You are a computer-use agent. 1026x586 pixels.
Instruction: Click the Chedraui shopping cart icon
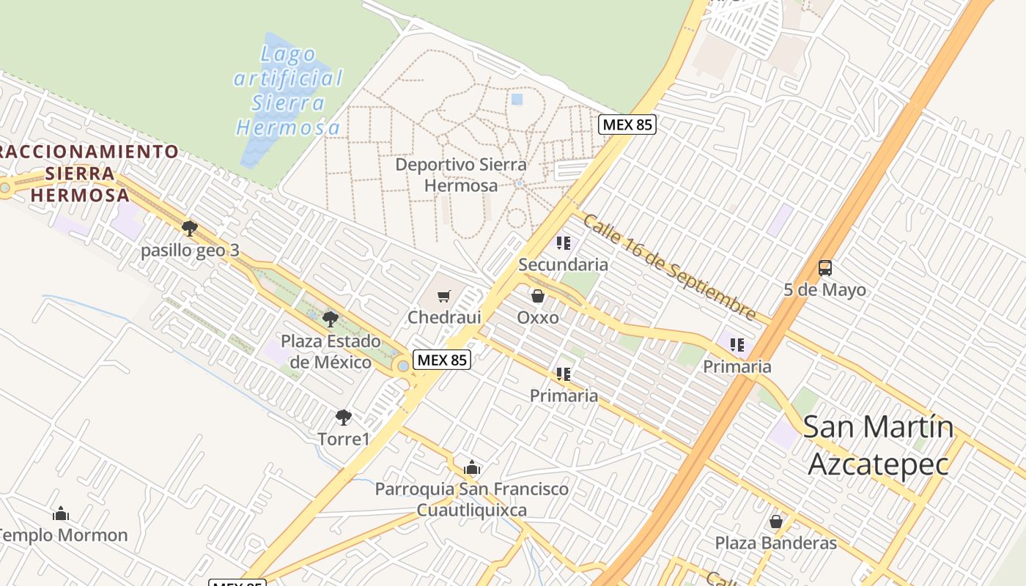click(x=443, y=296)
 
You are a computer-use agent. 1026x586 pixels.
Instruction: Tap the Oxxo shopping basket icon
click(x=538, y=296)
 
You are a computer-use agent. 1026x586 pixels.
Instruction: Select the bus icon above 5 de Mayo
click(x=825, y=268)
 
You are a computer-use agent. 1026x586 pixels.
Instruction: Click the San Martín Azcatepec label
click(x=878, y=445)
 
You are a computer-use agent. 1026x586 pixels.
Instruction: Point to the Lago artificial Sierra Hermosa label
click(x=288, y=92)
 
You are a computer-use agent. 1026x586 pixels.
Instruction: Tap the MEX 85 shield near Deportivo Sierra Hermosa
click(x=627, y=125)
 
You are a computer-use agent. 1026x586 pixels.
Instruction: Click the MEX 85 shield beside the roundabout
click(x=441, y=360)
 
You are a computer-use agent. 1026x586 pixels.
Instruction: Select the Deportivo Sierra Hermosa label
click(x=461, y=175)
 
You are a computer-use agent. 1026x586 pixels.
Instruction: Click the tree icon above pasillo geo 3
click(x=190, y=229)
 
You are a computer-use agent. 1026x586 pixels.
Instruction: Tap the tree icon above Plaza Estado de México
click(x=331, y=319)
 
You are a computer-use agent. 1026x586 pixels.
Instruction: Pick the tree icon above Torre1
click(x=343, y=418)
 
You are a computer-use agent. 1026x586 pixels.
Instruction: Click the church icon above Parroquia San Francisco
click(x=471, y=467)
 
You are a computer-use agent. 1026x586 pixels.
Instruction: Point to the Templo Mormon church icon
click(x=61, y=513)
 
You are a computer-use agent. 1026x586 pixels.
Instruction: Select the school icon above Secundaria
click(x=563, y=242)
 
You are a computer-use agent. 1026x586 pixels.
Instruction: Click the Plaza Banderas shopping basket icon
click(x=775, y=522)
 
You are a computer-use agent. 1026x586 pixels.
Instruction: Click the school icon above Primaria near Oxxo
click(x=563, y=374)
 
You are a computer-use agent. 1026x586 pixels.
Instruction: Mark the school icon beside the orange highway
click(x=737, y=344)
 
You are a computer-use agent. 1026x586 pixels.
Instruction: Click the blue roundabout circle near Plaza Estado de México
click(x=403, y=366)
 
